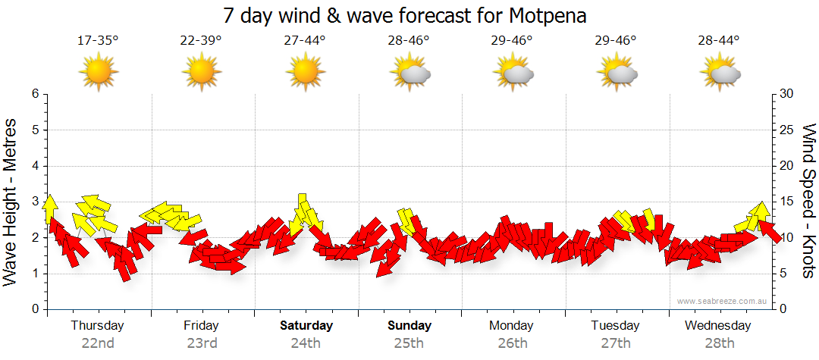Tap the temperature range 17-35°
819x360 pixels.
click(x=98, y=40)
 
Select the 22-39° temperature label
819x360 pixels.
click(x=201, y=40)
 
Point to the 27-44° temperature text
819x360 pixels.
click(x=305, y=40)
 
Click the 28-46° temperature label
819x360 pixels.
click(x=408, y=40)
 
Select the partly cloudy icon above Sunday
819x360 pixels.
click(x=409, y=73)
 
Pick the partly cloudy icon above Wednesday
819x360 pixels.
click(x=720, y=73)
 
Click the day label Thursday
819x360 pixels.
click(x=98, y=326)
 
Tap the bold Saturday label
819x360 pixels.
click(x=306, y=326)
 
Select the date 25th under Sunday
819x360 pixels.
click(x=409, y=343)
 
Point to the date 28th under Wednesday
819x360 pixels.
click(x=719, y=343)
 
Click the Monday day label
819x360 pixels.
click(x=511, y=326)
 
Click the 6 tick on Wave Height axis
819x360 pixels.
click(x=35, y=94)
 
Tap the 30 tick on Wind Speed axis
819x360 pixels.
click(x=787, y=94)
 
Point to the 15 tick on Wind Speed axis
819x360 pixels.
click(x=787, y=202)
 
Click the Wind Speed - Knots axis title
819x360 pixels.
click(x=808, y=201)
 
